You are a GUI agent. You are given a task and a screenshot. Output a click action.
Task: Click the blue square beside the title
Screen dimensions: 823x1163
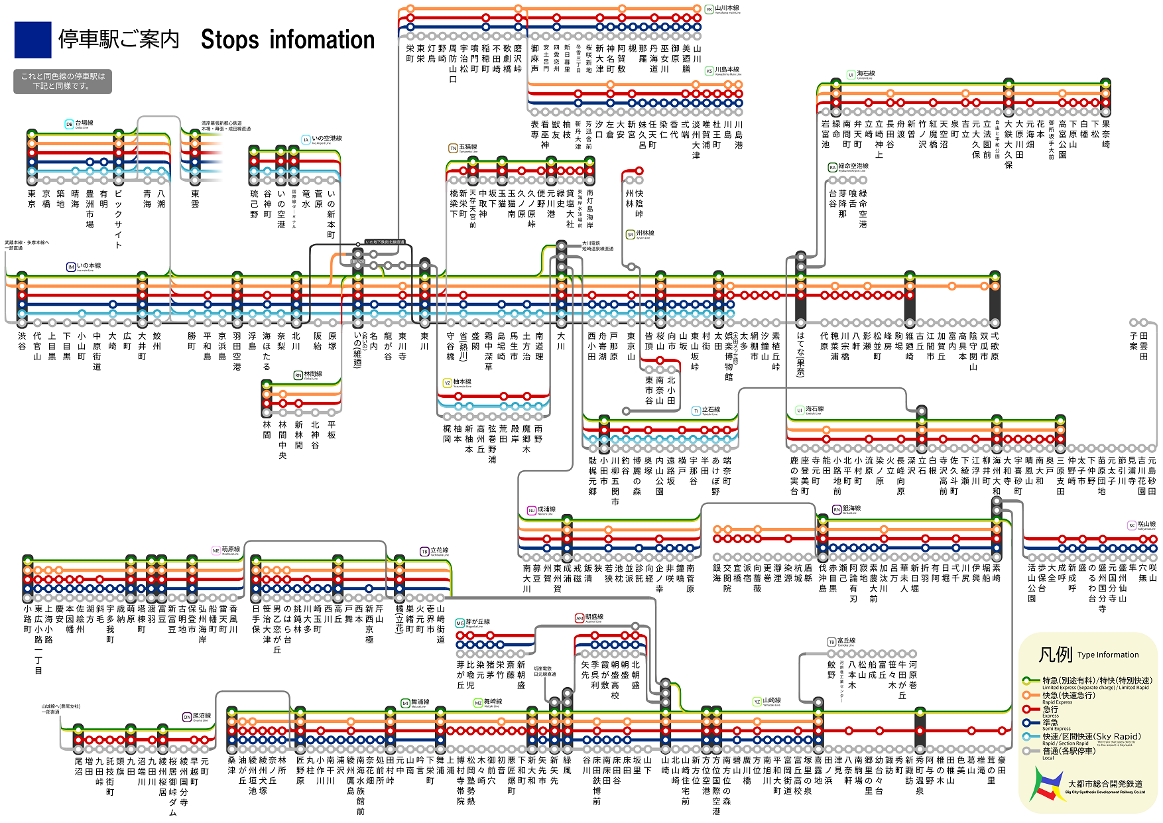coord(32,40)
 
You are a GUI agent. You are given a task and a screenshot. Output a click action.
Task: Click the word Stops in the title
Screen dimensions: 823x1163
coord(229,40)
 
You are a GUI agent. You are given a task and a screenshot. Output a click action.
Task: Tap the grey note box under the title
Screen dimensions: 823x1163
coord(63,82)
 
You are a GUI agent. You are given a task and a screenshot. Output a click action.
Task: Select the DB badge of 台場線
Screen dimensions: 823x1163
coord(69,124)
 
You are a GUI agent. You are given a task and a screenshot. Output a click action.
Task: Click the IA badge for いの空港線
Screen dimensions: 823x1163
coord(306,139)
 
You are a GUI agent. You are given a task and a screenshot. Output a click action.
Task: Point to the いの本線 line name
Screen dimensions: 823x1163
coord(89,266)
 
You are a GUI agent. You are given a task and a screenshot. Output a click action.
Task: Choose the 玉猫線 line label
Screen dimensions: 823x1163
coord(468,147)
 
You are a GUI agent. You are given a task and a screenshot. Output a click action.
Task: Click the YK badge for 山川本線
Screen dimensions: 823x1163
coord(709,9)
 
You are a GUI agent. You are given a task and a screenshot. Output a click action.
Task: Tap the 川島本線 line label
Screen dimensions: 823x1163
coord(727,70)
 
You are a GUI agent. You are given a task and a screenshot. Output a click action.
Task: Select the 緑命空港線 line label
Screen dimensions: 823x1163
coord(853,166)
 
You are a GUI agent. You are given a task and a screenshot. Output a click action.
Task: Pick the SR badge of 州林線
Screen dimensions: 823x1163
coord(631,234)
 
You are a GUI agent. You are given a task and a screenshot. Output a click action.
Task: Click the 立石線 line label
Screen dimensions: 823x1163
coord(711,410)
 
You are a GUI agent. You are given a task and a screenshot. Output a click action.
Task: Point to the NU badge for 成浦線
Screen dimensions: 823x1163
coord(531,510)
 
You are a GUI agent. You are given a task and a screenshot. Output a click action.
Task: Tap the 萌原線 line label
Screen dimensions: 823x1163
coord(231,550)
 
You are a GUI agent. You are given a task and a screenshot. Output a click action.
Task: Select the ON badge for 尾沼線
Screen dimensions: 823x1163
coord(187,717)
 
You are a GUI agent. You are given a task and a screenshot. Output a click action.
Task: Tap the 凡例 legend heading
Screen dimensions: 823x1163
coord(1056,655)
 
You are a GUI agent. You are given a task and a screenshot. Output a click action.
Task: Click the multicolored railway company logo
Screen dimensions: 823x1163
coord(1046,785)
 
